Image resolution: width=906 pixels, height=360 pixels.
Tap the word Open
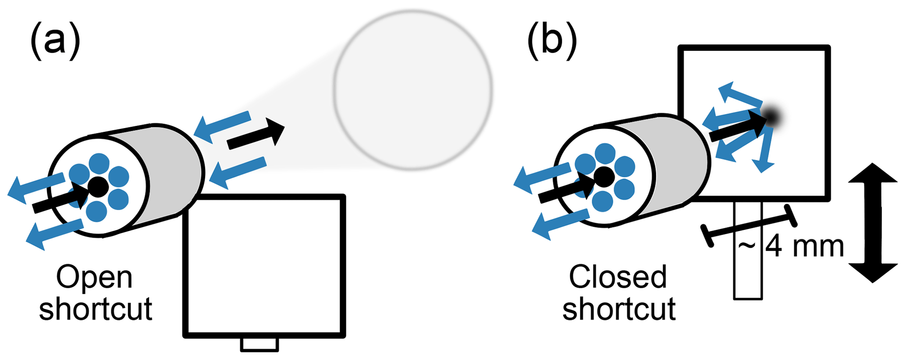(x=94, y=278)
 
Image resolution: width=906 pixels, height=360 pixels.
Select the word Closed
(x=618, y=278)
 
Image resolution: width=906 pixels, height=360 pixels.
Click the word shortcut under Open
(x=96, y=309)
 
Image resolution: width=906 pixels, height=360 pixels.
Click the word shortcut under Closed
(x=619, y=309)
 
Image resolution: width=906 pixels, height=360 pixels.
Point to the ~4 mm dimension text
(x=791, y=246)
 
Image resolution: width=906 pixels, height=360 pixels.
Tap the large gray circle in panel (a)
(x=412, y=90)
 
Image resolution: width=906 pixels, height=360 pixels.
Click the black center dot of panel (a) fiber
(x=98, y=187)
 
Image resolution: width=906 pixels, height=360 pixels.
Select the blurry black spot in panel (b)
(x=774, y=117)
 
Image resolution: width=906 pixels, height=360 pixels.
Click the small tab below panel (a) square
(x=259, y=344)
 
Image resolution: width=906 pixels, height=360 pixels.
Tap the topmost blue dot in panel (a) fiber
(x=99, y=164)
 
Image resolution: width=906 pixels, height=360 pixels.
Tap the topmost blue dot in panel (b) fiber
(x=605, y=153)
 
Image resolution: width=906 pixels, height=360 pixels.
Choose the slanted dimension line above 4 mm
(x=749, y=226)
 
